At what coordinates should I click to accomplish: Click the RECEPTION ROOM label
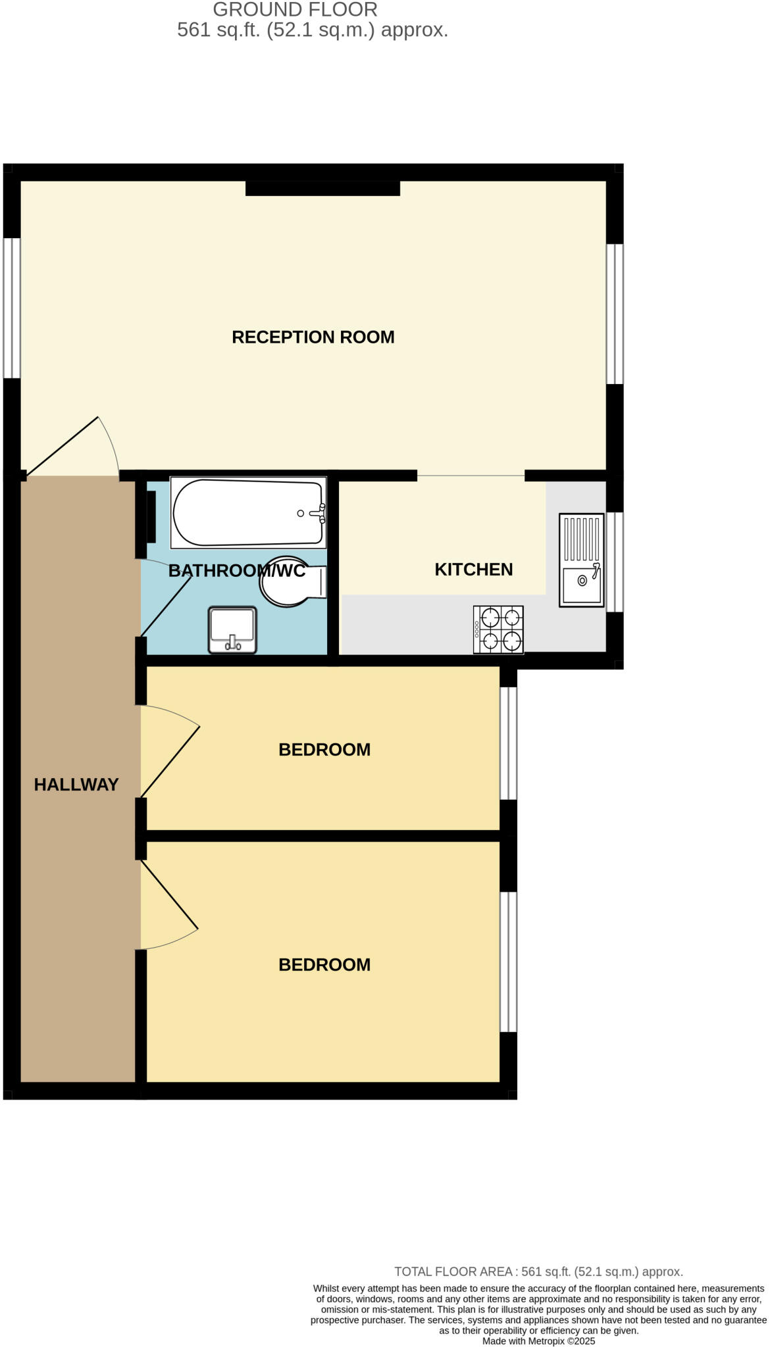pos(313,337)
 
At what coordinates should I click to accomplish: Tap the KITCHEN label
pos(473,570)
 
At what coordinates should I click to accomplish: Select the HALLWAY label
pos(76,785)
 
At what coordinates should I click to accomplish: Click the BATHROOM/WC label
pos(237,571)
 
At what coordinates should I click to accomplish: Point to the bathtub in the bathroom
pos(248,513)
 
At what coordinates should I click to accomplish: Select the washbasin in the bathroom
pos(232,630)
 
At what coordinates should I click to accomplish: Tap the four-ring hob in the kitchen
pos(498,629)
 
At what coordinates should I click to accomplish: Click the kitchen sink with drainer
pos(581,560)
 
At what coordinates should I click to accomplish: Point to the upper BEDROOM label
pos(324,750)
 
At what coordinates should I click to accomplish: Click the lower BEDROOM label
pos(324,965)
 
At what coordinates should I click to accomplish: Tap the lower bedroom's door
pos(168,896)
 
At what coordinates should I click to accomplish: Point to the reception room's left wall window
pos(12,308)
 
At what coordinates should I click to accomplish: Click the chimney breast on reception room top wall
pos(322,188)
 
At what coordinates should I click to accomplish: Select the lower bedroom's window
pos(508,962)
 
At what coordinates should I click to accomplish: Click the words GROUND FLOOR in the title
pos(295,10)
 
